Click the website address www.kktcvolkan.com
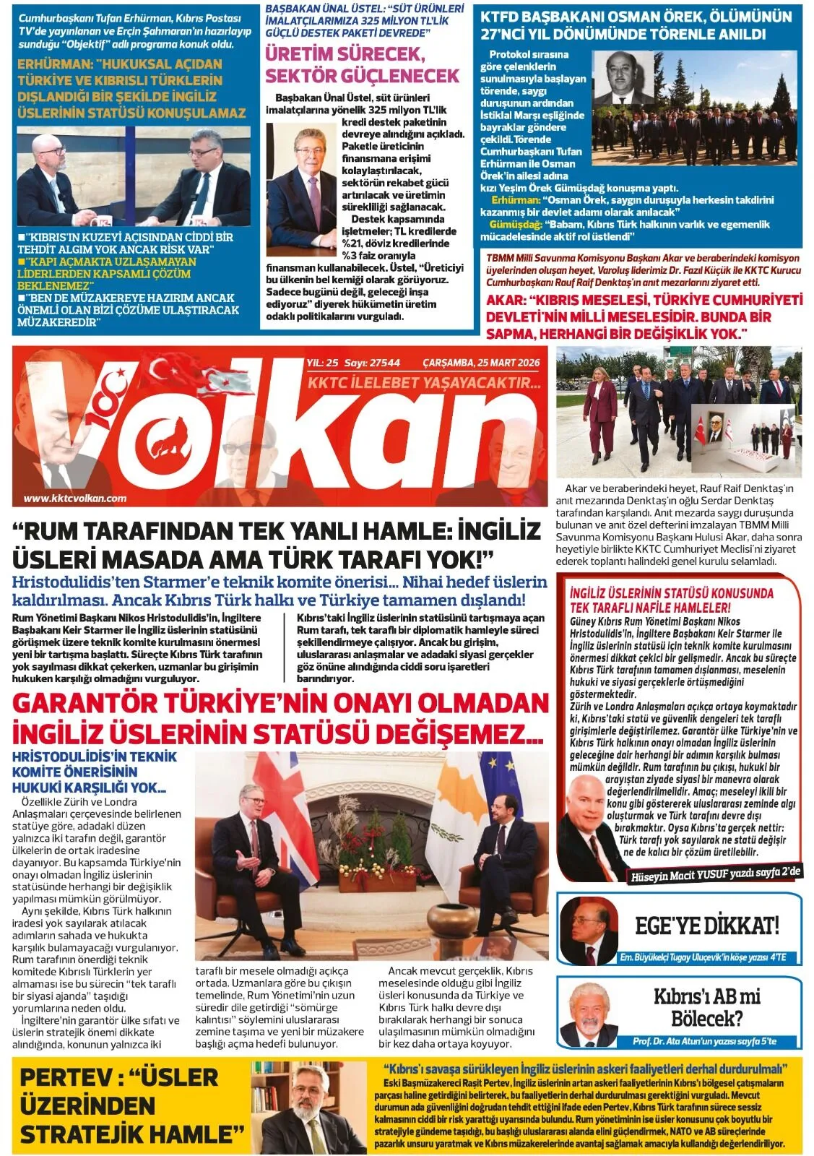coord(75,498)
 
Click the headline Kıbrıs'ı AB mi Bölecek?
coord(706,1007)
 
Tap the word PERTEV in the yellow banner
coord(61,1077)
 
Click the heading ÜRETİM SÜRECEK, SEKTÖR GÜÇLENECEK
coord(362,65)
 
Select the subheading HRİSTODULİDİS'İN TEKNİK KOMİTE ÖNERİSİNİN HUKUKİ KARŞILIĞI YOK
coord(94,772)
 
